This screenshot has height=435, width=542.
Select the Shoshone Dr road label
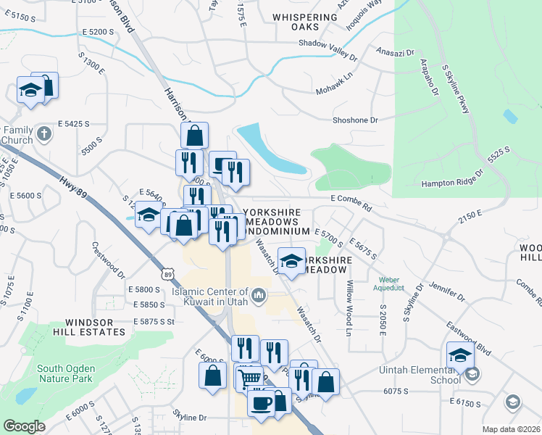[357, 120]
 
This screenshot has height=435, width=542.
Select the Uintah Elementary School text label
[420, 374]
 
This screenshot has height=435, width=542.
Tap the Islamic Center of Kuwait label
[210, 294]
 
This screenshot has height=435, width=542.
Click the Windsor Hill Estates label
[95, 327]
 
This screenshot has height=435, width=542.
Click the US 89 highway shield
[168, 274]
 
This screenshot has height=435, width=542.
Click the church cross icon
[43, 133]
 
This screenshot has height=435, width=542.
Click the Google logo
[25, 426]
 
